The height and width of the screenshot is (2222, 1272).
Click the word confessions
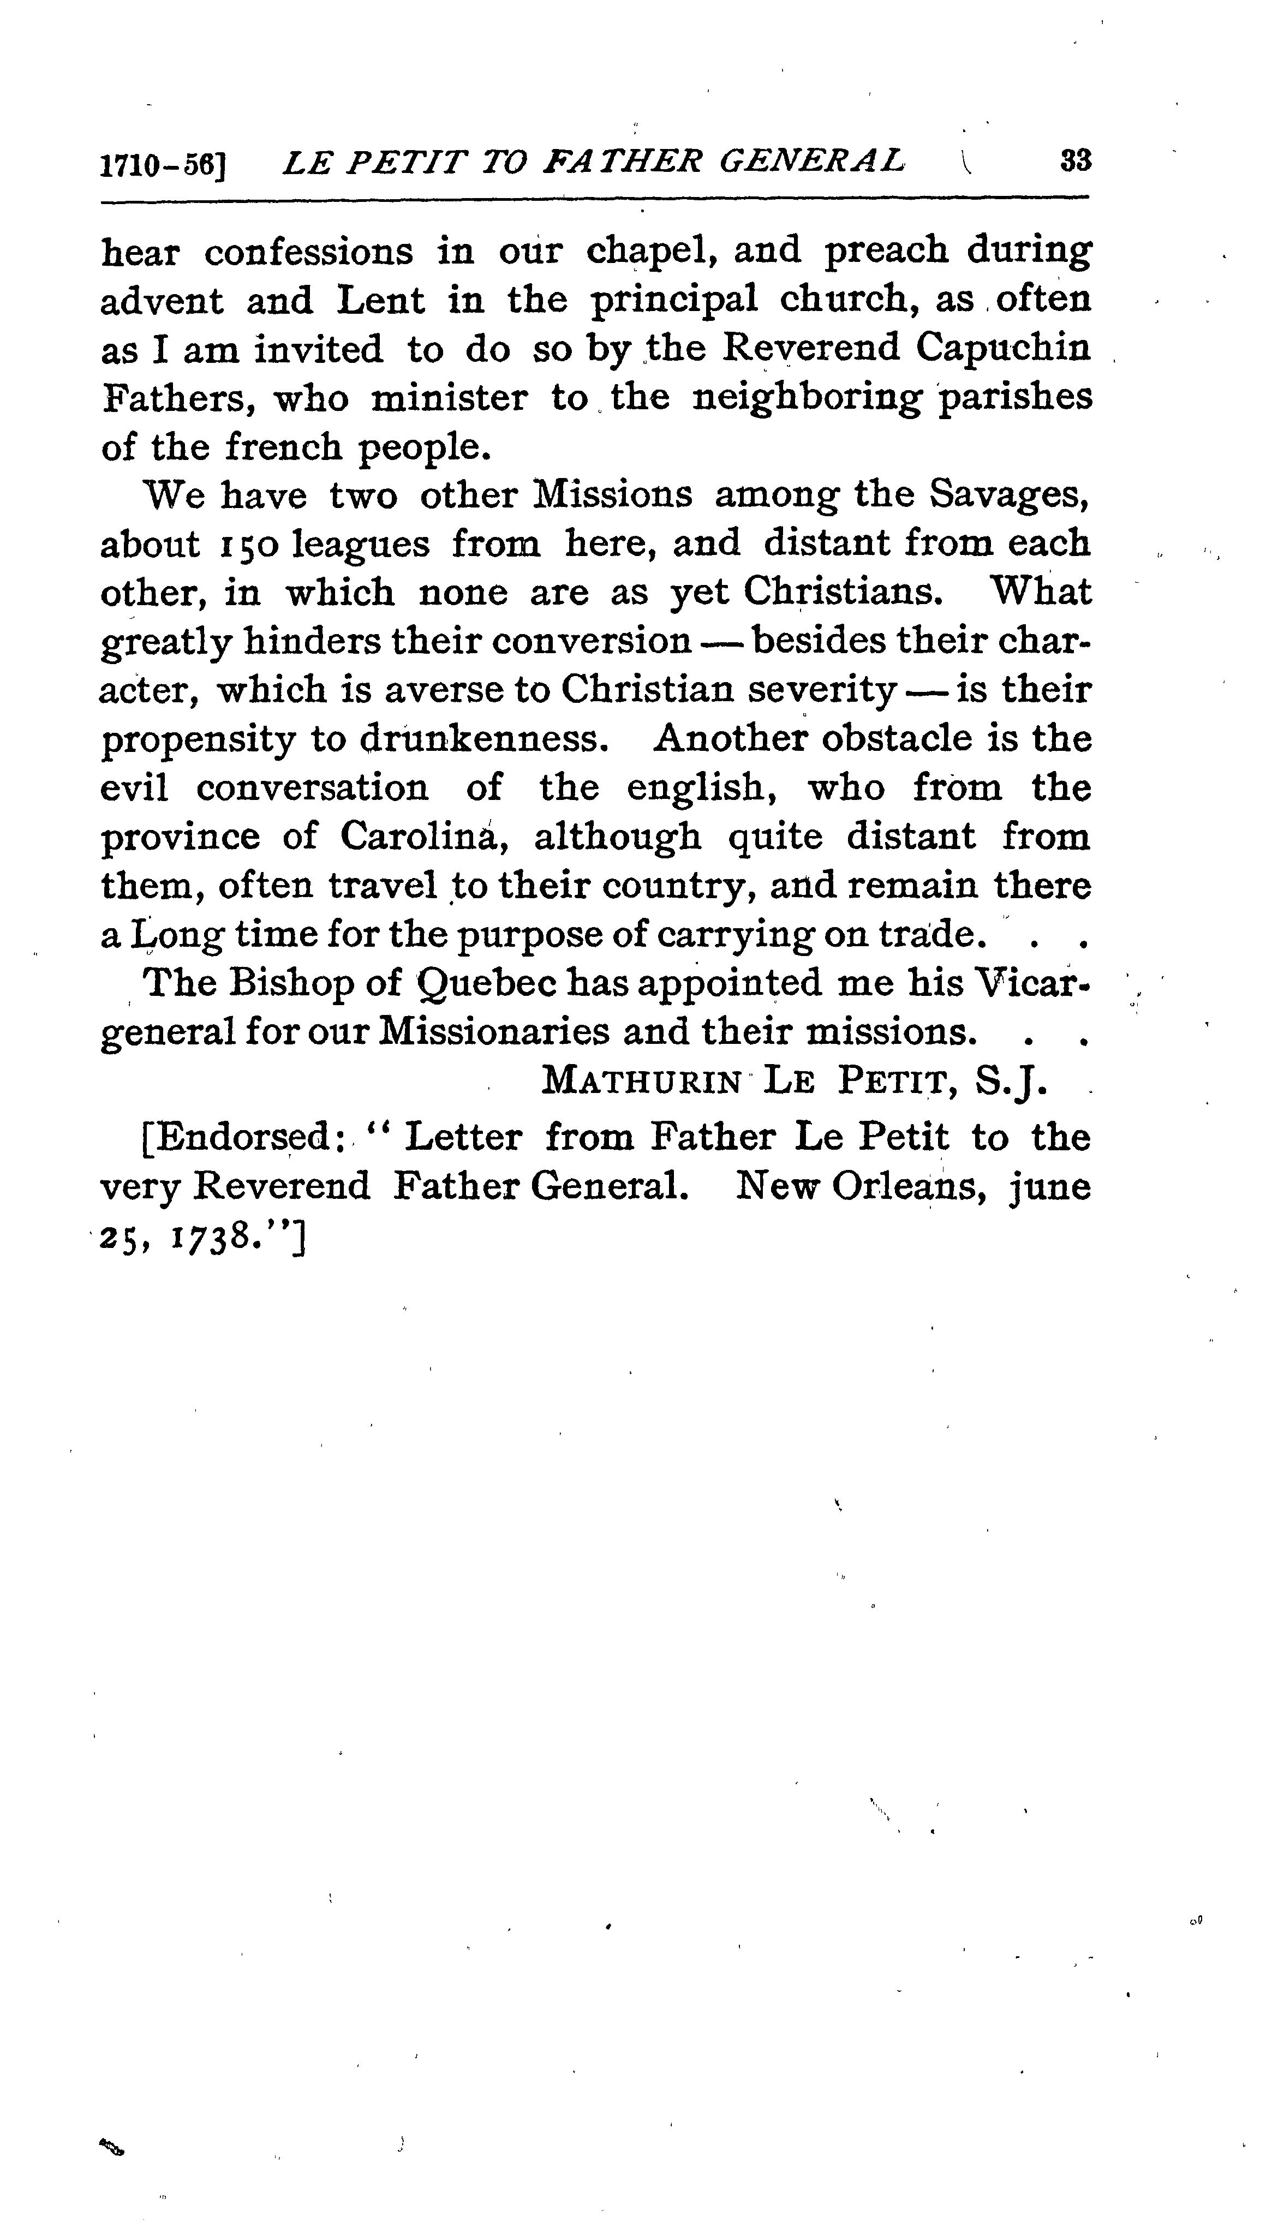[x=308, y=253]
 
